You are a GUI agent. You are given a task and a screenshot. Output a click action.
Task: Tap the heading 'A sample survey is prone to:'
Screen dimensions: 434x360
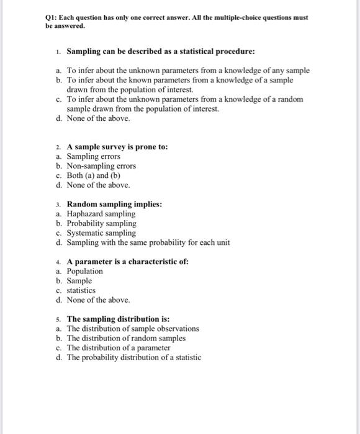pos(117,147)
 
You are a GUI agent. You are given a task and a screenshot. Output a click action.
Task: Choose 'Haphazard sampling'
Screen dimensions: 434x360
pos(101,214)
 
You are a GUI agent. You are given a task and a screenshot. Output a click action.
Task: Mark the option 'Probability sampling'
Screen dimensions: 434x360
pos(101,223)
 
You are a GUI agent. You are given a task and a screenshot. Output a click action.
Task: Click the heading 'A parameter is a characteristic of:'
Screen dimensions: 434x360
pos(127,262)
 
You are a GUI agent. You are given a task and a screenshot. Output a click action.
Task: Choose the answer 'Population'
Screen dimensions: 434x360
pos(85,271)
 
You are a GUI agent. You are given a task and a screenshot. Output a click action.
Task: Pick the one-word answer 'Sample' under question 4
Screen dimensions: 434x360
pos(79,280)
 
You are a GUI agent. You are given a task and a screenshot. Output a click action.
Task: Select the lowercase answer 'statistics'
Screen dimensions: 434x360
pos(81,290)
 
